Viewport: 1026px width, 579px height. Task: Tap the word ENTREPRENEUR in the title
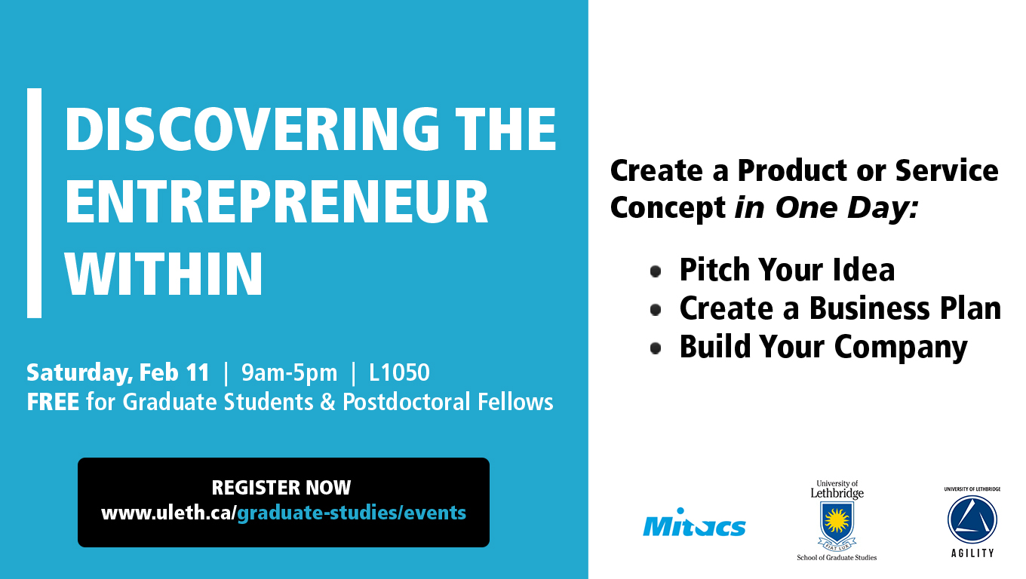pyautogui.click(x=277, y=201)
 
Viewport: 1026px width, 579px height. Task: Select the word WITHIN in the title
pyautogui.click(x=164, y=274)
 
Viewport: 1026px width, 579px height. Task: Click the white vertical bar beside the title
pyautogui.click(x=35, y=203)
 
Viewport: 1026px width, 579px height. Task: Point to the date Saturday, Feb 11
pyautogui.click(x=118, y=372)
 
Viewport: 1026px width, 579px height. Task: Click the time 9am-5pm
pyautogui.click(x=290, y=372)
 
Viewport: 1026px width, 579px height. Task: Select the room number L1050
pyautogui.click(x=399, y=372)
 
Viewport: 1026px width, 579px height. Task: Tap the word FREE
pyautogui.click(x=53, y=402)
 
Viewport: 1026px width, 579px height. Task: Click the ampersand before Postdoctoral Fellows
pyautogui.click(x=327, y=402)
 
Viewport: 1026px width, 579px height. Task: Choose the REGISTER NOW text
pyautogui.click(x=281, y=488)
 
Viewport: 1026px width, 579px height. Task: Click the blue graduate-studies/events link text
pyautogui.click(x=352, y=513)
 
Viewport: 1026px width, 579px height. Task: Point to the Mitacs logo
pyautogui.click(x=694, y=522)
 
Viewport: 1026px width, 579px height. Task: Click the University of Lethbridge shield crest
pyautogui.click(x=837, y=525)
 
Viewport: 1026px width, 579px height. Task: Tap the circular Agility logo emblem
pyautogui.click(x=972, y=519)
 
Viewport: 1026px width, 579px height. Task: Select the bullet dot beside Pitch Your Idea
pyautogui.click(x=656, y=271)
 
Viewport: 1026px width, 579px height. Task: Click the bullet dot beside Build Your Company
pyautogui.click(x=656, y=348)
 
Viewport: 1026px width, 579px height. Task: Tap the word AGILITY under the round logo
pyautogui.click(x=972, y=553)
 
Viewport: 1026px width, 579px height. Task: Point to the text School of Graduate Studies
pyautogui.click(x=837, y=557)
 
